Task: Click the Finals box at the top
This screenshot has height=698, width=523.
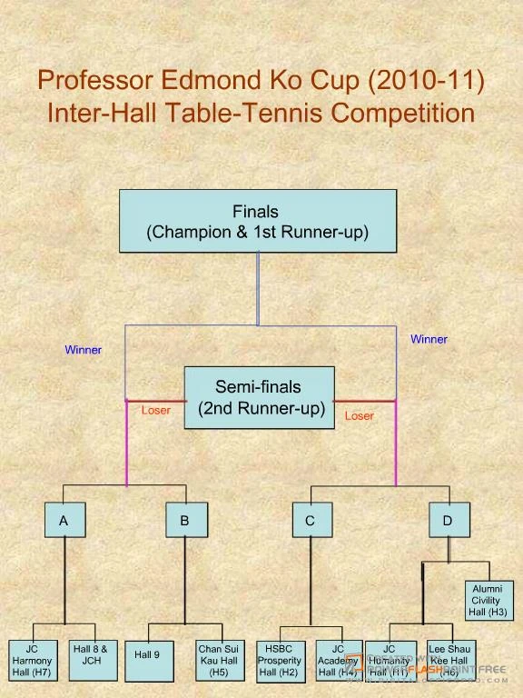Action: [x=258, y=221]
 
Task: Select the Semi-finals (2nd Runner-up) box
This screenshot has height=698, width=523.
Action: [x=260, y=397]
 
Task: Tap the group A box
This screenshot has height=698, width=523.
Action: [x=64, y=521]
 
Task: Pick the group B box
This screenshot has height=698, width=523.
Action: [x=185, y=521]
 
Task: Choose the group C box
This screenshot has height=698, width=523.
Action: [x=311, y=521]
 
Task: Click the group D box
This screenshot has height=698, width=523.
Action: [x=448, y=521]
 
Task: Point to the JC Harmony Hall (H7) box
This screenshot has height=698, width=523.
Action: [x=32, y=661]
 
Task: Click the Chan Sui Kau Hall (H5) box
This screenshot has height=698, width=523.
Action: [x=218, y=661]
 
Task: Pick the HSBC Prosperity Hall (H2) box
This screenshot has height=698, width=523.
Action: [x=279, y=661]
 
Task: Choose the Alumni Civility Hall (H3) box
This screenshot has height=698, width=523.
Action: [x=487, y=601]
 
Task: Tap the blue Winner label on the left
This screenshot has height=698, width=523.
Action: [x=83, y=350]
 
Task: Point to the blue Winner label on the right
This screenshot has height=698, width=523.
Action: [x=429, y=340]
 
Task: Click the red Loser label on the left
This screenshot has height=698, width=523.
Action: [x=155, y=411]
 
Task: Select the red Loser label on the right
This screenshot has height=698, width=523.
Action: [x=359, y=416]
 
